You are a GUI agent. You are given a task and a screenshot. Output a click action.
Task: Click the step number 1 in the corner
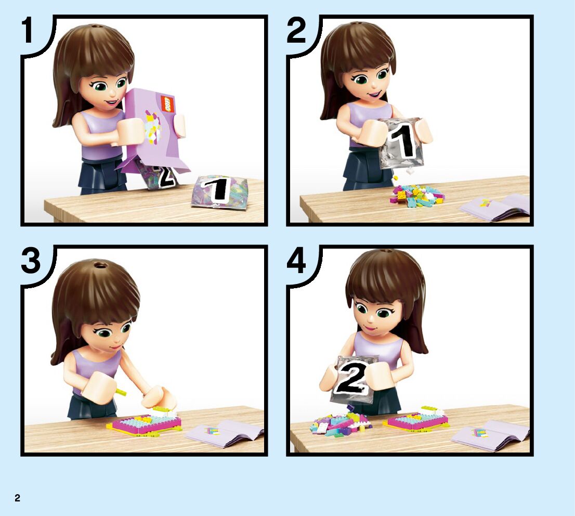tap(28, 30)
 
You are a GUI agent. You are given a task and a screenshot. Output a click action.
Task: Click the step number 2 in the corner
tap(296, 31)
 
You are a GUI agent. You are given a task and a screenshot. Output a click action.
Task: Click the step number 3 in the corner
tap(31, 260)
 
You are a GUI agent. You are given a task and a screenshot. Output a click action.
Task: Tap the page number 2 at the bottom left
tap(17, 498)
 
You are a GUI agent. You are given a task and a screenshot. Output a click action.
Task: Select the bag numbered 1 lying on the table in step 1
tap(220, 192)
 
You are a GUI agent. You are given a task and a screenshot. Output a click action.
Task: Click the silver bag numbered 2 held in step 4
tap(352, 380)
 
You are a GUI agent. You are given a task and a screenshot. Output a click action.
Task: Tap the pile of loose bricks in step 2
tap(417, 196)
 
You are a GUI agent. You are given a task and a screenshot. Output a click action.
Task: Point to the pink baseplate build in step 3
tap(145, 422)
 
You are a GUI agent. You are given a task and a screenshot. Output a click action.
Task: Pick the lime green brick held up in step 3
tap(121, 392)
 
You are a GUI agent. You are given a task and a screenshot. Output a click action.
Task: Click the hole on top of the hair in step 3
tap(98, 264)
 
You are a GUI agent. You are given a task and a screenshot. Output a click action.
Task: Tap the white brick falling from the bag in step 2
tap(409, 170)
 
